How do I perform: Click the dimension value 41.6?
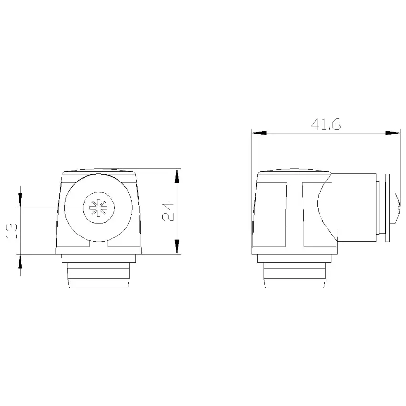[326, 125]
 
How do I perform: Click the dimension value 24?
[168, 211]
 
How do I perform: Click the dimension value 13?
[11, 231]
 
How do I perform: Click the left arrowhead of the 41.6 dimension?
[259, 133]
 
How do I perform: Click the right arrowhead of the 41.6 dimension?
[393, 133]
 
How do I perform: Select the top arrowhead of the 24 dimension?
[177, 176]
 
